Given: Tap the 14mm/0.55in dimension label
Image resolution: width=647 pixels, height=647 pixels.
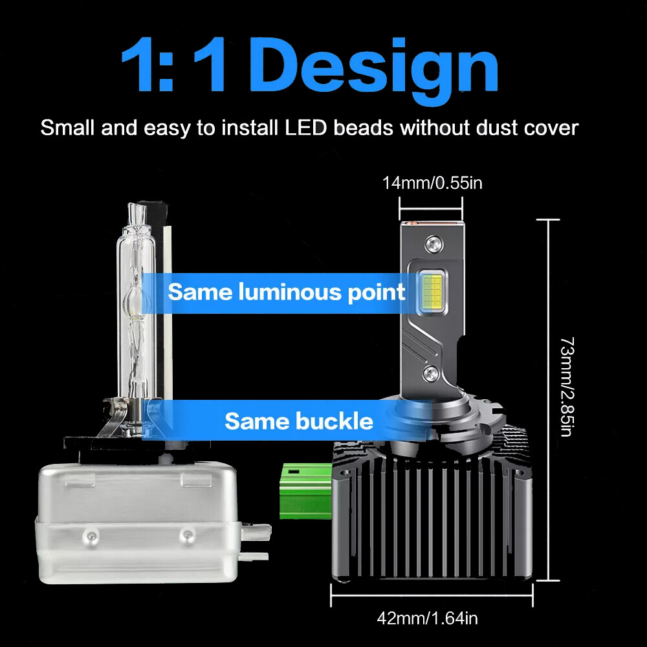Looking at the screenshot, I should pyautogui.click(x=432, y=183).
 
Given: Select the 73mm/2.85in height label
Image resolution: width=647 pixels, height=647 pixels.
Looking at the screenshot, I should pyautogui.click(x=565, y=386).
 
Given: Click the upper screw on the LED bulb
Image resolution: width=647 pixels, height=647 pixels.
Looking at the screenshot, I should pyautogui.click(x=432, y=245).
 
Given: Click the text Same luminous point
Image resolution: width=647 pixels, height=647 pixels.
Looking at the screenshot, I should pyautogui.click(x=287, y=292).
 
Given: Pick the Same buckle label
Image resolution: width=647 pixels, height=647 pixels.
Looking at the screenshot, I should pyautogui.click(x=299, y=422).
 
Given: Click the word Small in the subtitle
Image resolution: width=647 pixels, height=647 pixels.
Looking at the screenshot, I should pyautogui.click(x=67, y=127).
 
